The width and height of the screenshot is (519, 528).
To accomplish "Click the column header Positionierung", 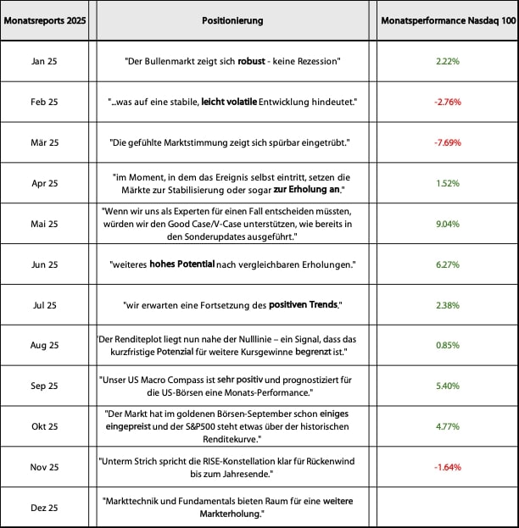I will pyautogui.click(x=233, y=20).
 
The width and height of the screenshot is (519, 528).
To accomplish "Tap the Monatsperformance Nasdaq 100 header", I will pyautogui.click(x=447, y=20).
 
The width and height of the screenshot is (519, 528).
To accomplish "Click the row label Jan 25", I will pyautogui.click(x=44, y=62).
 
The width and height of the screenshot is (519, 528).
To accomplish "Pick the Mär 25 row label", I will pyautogui.click(x=44, y=142).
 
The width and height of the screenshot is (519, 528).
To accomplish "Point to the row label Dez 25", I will pyautogui.click(x=44, y=507).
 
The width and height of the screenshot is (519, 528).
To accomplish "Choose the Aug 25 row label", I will pyautogui.click(x=44, y=345).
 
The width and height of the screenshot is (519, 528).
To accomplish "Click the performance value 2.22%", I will pyautogui.click(x=447, y=62).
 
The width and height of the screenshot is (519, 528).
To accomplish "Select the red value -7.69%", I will pyautogui.click(x=447, y=142).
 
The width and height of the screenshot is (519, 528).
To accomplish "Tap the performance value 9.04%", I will pyautogui.click(x=447, y=224).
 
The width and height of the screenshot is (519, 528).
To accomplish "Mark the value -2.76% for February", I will pyautogui.click(x=447, y=103).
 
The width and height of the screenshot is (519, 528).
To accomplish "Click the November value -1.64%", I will pyautogui.click(x=447, y=467).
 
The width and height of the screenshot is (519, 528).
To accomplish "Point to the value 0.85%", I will pyautogui.click(x=447, y=345).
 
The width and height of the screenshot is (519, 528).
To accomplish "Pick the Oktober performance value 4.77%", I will pyautogui.click(x=447, y=426).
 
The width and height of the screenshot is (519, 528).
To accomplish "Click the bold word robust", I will pyautogui.click(x=253, y=62).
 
